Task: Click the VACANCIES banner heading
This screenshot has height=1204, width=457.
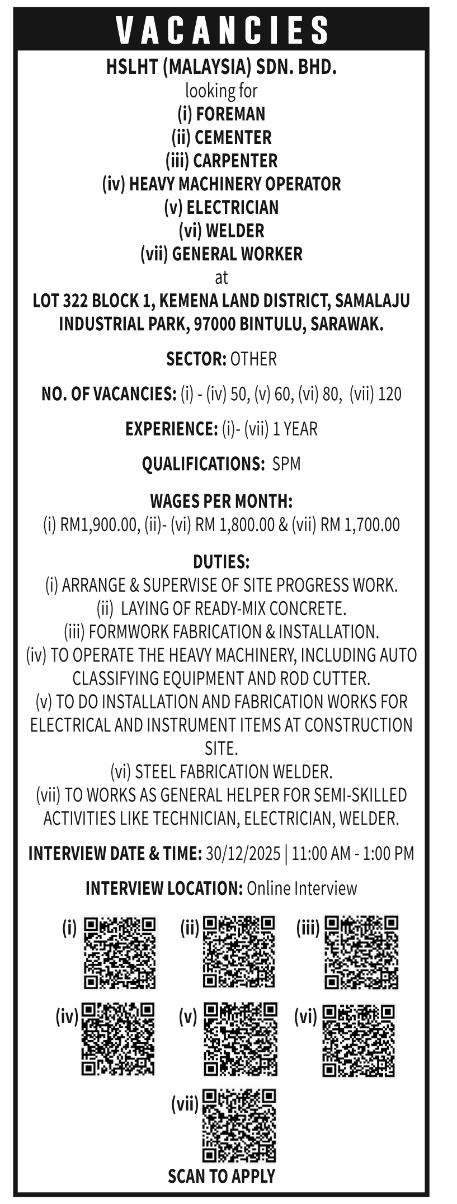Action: click(223, 30)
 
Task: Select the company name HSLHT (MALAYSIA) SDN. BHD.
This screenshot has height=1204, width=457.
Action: click(222, 68)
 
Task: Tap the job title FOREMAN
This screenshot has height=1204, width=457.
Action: click(230, 114)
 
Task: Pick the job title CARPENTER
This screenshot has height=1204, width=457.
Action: click(235, 161)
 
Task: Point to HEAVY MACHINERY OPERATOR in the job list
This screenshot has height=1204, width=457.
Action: click(235, 184)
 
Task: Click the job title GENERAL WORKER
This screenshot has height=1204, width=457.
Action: click(237, 254)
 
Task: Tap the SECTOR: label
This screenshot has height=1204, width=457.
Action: click(196, 359)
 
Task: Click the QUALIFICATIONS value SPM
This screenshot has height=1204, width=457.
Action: click(286, 464)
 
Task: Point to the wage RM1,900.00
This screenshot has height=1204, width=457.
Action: click(98, 524)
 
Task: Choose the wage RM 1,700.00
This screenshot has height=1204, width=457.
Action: click(360, 524)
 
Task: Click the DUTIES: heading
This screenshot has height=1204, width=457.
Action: click(222, 561)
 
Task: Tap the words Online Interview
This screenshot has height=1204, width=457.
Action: click(301, 888)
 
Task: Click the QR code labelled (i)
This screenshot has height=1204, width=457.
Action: click(119, 952)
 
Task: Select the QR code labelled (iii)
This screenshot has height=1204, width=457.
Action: click(361, 952)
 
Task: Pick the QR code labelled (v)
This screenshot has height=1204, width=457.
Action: click(240, 1039)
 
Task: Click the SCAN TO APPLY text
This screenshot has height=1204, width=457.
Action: click(222, 1176)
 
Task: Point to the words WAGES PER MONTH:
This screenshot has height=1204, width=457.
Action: click(222, 500)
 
